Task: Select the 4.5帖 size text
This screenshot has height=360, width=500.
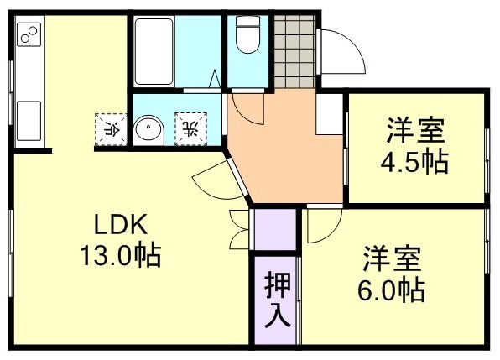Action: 414,160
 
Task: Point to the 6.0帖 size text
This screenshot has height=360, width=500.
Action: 391,290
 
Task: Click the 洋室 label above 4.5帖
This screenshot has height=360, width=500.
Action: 414,132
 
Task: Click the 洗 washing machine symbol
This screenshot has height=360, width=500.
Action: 189,128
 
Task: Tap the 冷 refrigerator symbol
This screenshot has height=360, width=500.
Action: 109,128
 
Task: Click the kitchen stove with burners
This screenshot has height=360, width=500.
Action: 29,35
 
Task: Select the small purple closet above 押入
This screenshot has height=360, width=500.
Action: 275,229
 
